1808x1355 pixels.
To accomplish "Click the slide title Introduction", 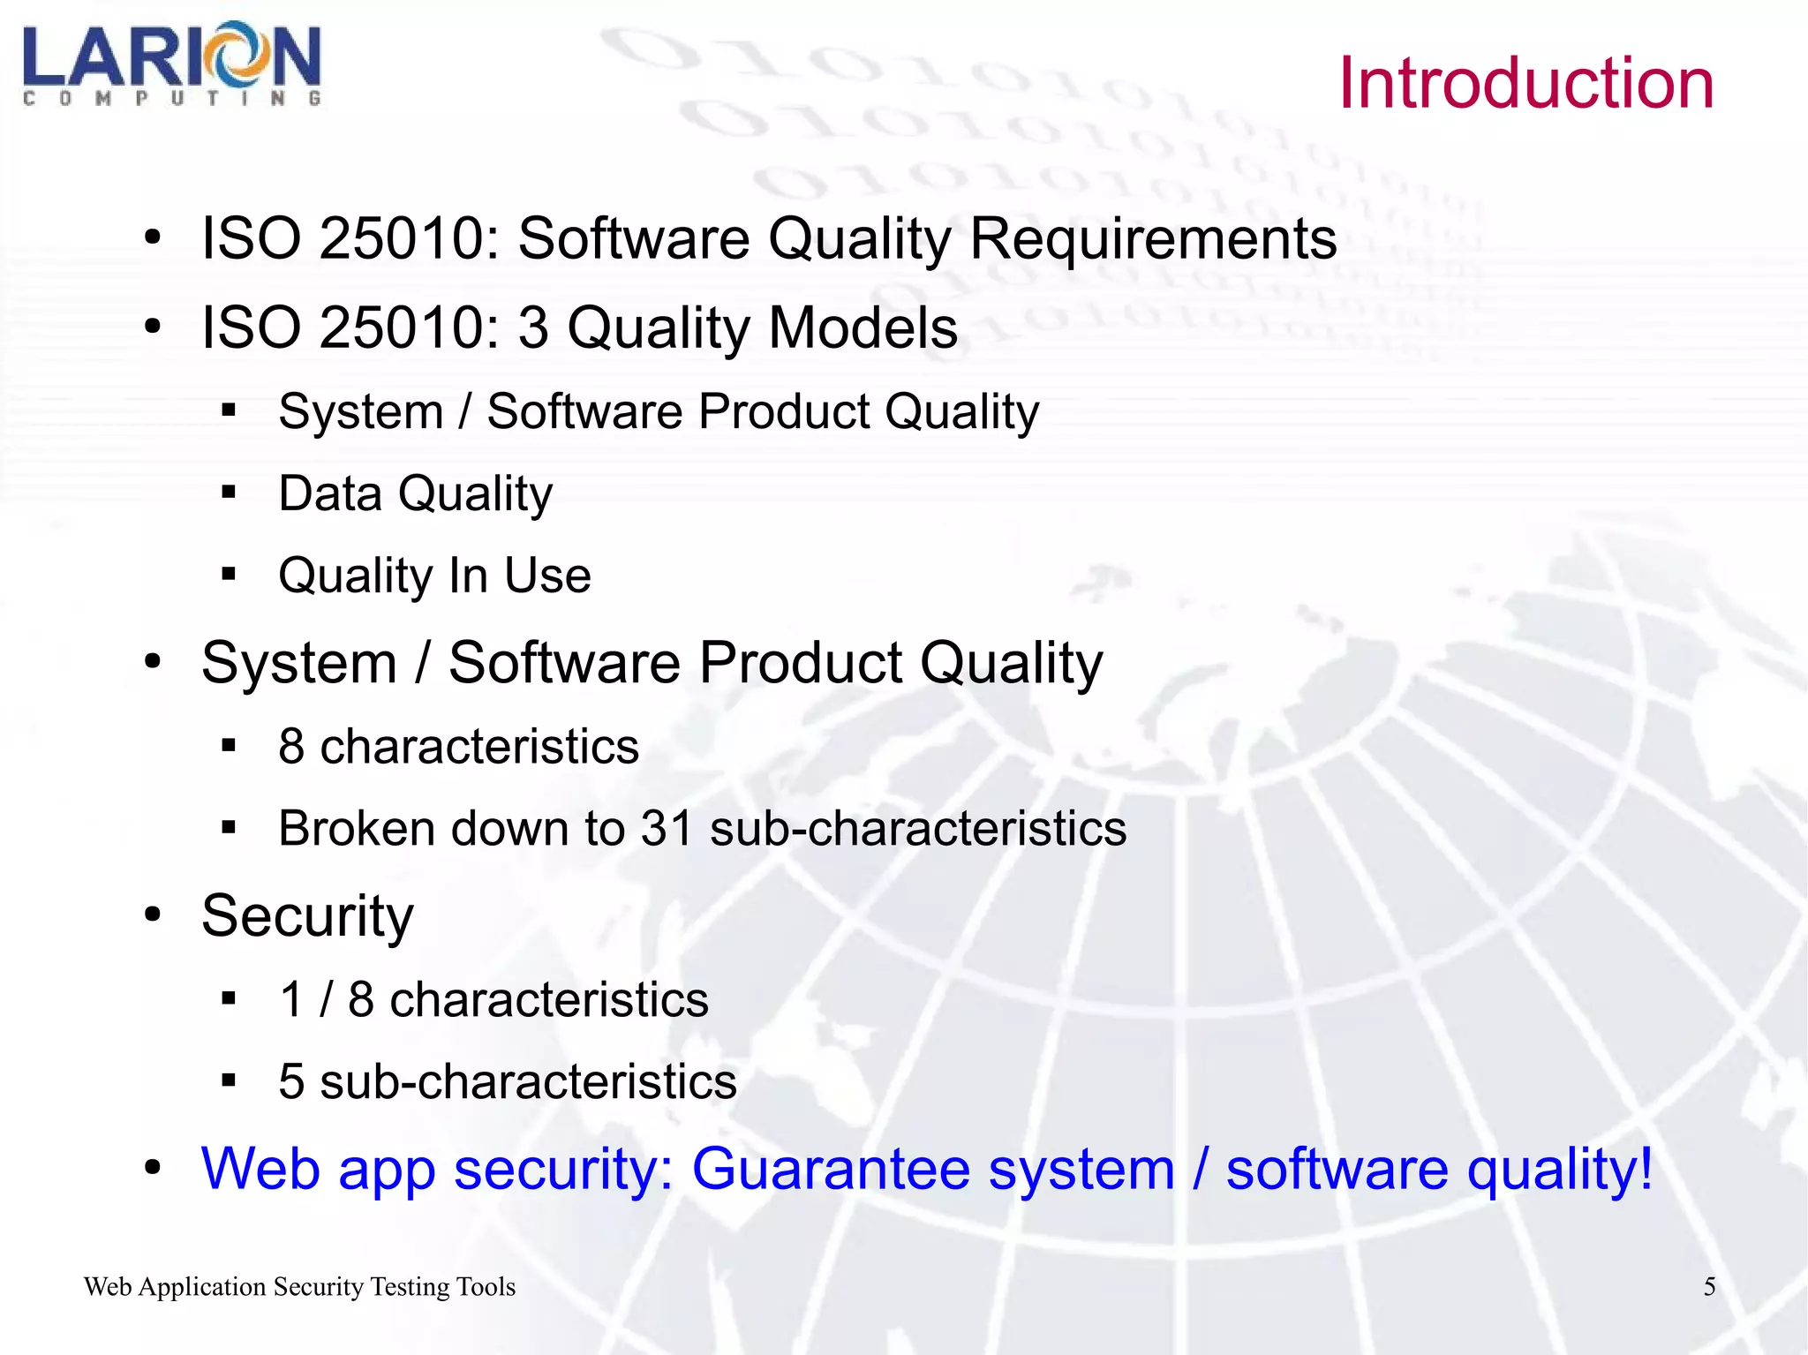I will pyautogui.click(x=1525, y=83).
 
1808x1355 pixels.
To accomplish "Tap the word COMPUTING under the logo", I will pyautogui.click(x=171, y=99).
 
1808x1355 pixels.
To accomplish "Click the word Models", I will pyautogui.click(x=863, y=327).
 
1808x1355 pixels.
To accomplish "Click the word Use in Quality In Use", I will pyautogui.click(x=547, y=576).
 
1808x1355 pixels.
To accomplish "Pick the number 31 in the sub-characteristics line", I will pyautogui.click(x=667, y=828).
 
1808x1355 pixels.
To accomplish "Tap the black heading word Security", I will pyautogui.click(x=307, y=916).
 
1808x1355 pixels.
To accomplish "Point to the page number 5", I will pyautogui.click(x=1709, y=1286).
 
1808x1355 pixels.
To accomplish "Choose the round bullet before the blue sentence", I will pyautogui.click(x=154, y=1168).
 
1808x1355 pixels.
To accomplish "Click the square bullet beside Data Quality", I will pyautogui.click(x=230, y=492).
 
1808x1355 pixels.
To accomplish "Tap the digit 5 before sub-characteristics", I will pyautogui.click(x=291, y=1081).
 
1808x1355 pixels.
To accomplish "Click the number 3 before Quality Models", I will pyautogui.click(x=532, y=327).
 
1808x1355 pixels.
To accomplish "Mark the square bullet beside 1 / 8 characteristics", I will pyautogui.click(x=230, y=998).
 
